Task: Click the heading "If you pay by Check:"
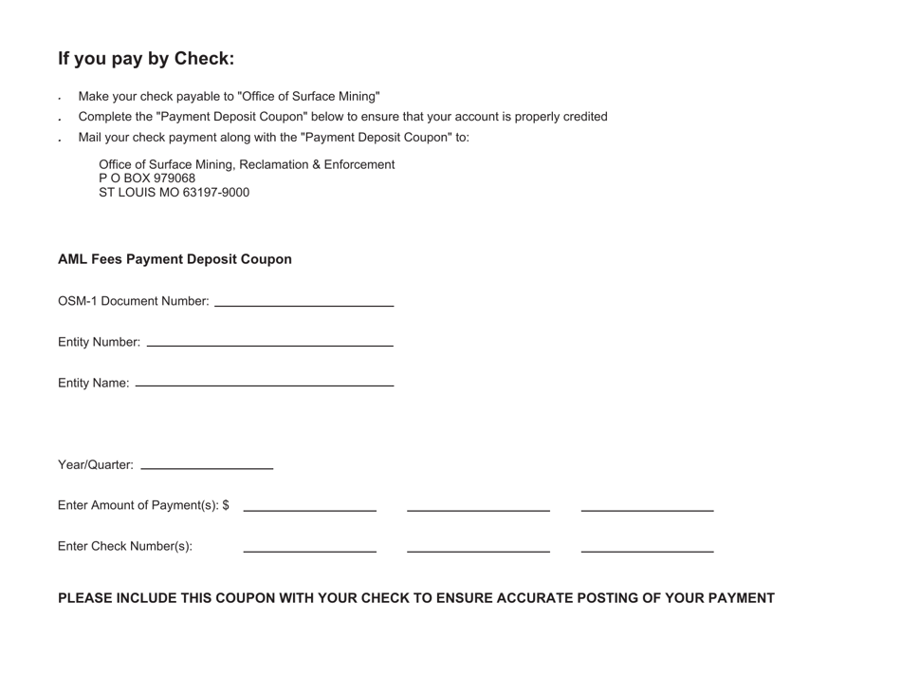(x=146, y=59)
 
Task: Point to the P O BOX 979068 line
(x=147, y=179)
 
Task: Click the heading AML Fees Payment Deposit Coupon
(x=175, y=259)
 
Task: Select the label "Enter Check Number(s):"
(x=125, y=546)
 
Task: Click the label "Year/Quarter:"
(x=96, y=465)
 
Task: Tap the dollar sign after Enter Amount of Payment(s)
(x=226, y=505)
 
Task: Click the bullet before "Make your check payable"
(x=60, y=99)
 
